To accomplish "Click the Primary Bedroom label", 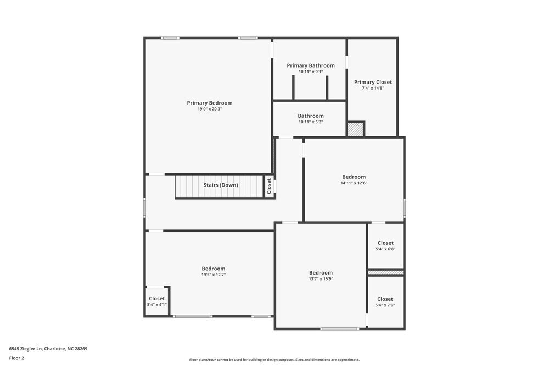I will point(209,103).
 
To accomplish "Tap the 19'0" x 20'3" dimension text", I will point(209,109).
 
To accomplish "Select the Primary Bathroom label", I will point(310,65).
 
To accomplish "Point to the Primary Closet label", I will point(373,82).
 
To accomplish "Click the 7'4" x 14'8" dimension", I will point(373,88).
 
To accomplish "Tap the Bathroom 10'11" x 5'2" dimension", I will point(311,122).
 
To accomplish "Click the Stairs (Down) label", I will point(221,185).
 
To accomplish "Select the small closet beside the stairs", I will point(269,185).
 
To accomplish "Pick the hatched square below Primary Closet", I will point(356,129).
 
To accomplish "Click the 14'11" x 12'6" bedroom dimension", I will point(354,183).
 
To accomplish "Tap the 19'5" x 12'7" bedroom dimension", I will point(213,275).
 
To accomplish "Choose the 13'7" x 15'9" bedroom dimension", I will point(321,278).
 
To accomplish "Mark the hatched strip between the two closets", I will point(385,272).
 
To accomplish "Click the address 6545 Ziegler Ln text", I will point(48,348).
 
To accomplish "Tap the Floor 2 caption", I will point(16,358).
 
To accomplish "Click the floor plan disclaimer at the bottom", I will point(274,360).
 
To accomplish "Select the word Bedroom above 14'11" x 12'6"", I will point(354,177).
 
